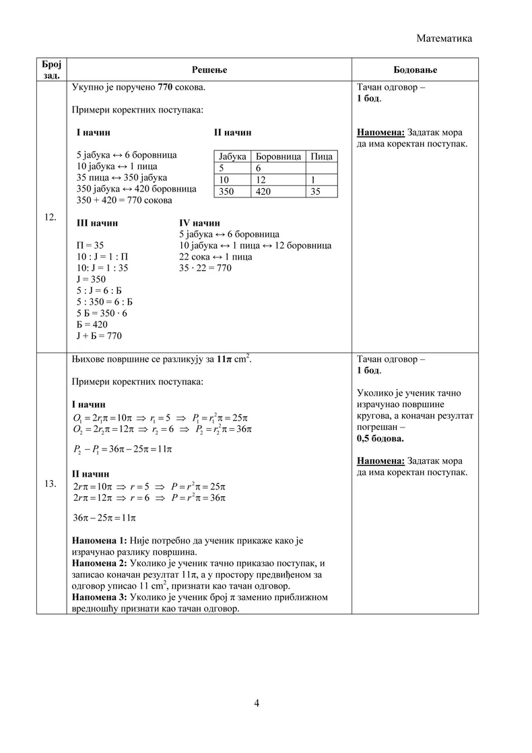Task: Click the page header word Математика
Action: [444, 38]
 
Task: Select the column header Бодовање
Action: [414, 69]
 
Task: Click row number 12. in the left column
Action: [51, 217]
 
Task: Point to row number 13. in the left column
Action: [51, 484]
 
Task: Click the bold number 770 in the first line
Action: [166, 88]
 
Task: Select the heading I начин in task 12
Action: [94, 132]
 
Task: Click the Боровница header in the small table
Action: [279, 156]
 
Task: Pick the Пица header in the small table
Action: [321, 156]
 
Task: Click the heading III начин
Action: [97, 222]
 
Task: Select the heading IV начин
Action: [199, 222]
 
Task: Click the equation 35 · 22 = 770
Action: [205, 268]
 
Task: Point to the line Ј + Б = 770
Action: [99, 335]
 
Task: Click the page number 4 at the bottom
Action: [257, 703]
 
